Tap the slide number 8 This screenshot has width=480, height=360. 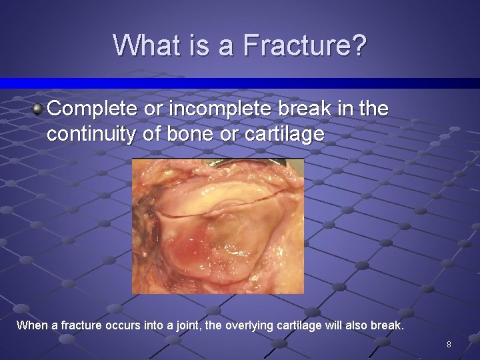click(449, 345)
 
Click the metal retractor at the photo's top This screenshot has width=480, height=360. click(220, 163)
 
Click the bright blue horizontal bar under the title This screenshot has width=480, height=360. click(240, 83)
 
